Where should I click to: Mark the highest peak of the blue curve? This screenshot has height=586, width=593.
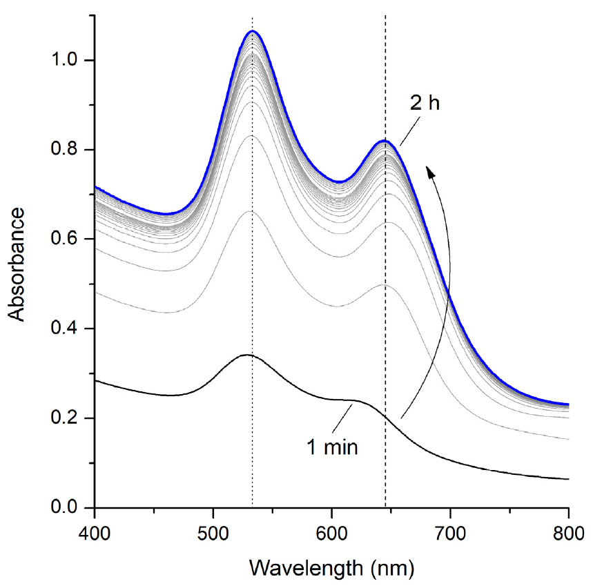point(253,32)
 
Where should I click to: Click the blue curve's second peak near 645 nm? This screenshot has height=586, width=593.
point(385,141)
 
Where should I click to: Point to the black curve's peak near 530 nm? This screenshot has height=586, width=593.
point(246,355)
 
